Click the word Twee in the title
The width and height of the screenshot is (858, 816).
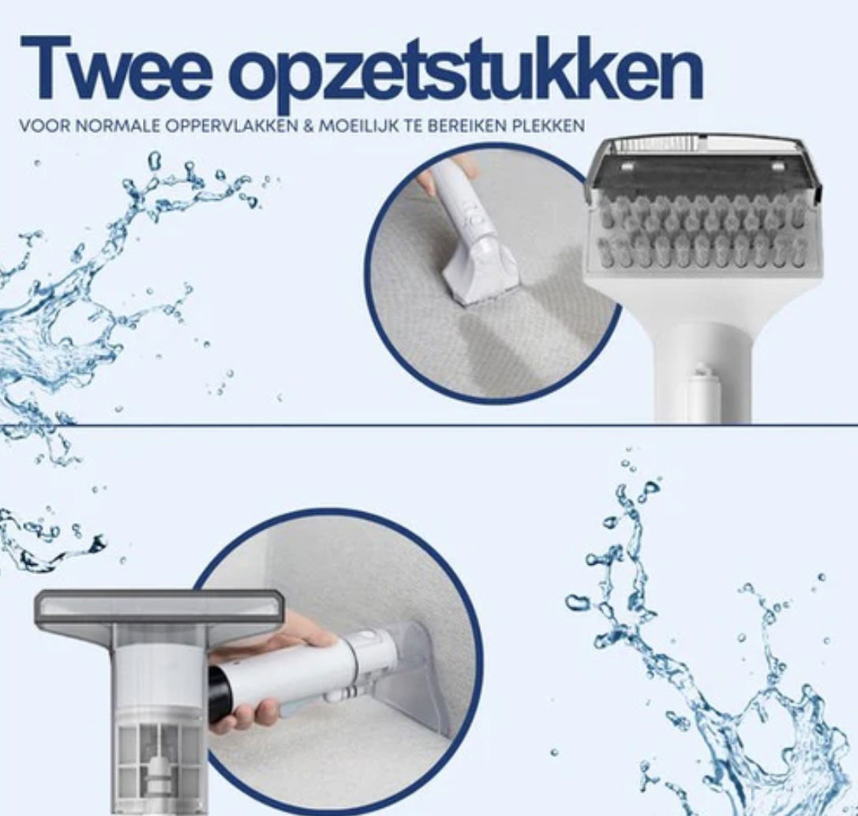pos(115,69)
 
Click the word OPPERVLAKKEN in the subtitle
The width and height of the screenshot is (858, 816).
pos(232,126)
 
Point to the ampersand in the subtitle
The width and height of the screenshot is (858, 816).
pos(308,126)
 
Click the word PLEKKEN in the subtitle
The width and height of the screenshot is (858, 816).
pos(549,126)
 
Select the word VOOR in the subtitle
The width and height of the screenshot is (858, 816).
pos(45,126)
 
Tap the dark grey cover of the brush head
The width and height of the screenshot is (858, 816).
pos(702,175)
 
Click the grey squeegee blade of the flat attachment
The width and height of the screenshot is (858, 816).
pos(159,607)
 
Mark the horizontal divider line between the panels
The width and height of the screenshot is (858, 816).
pos(429,424)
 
